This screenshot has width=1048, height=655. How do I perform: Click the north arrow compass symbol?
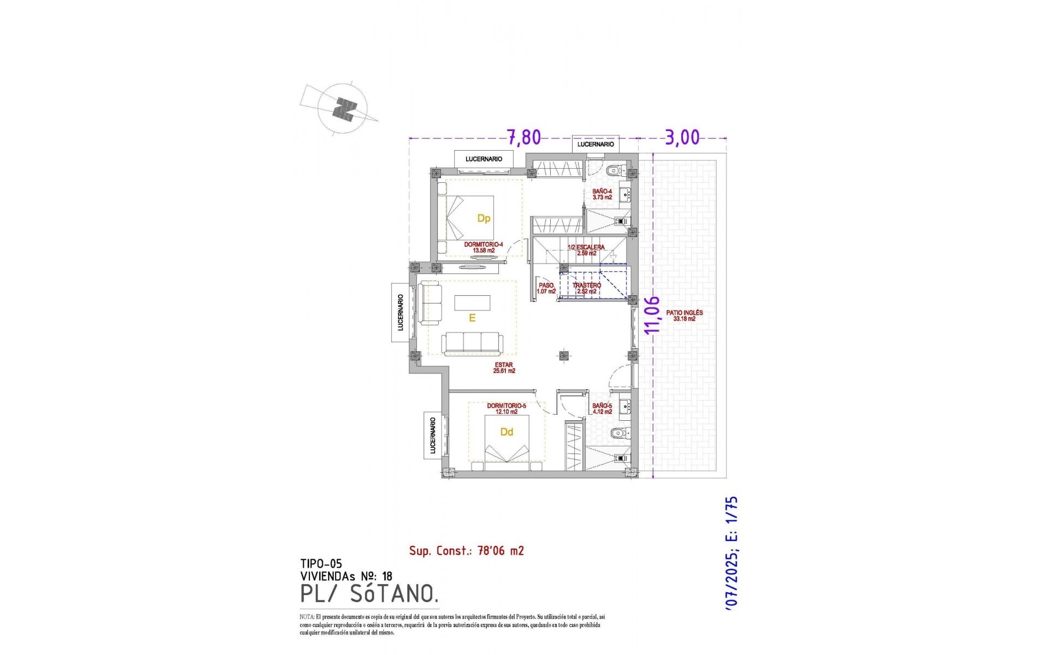point(343,109)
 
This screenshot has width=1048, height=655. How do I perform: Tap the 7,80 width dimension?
point(523,137)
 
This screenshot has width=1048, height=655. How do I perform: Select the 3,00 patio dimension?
point(682,137)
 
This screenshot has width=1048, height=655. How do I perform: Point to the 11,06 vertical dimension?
point(652,314)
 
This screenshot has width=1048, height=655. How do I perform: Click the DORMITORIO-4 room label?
point(483,247)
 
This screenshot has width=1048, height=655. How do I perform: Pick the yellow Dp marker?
point(484,218)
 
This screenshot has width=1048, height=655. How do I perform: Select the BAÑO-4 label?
point(602,194)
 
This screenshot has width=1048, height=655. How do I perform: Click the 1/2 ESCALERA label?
point(586,250)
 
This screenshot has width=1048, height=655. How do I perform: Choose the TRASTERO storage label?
point(586,288)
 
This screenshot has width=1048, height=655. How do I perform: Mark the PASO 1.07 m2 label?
point(546,288)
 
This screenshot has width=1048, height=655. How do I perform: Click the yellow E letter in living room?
point(472,318)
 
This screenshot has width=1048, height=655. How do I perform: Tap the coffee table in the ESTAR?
point(472,302)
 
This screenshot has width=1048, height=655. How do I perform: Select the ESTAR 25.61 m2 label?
point(504,368)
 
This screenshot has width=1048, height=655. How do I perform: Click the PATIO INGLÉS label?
point(684,315)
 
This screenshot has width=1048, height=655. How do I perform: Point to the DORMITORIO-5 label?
point(506,409)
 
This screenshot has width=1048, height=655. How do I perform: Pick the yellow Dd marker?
point(507,432)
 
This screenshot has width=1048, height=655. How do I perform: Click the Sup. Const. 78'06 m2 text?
point(466,551)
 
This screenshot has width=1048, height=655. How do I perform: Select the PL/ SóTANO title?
point(369,593)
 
